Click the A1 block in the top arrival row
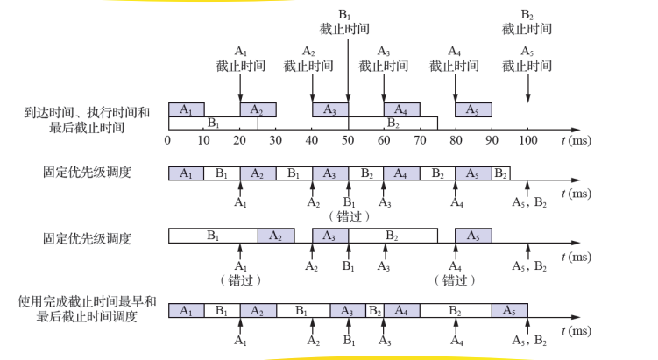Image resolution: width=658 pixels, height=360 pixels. pyautogui.click(x=186, y=109)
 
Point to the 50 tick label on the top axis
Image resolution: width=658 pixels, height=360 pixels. pyautogui.click(x=348, y=140)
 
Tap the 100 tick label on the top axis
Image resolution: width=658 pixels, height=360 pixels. pyautogui.click(x=527, y=140)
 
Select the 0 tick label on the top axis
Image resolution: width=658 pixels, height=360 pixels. pyautogui.click(x=168, y=140)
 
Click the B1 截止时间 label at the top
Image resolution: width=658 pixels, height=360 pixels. pyautogui.click(x=344, y=22)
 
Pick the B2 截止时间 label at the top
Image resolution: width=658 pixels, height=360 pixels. pyautogui.click(x=527, y=22)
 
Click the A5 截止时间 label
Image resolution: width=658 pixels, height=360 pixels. pyautogui.click(x=527, y=59)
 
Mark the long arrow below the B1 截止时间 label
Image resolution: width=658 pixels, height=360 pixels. pyautogui.click(x=348, y=70)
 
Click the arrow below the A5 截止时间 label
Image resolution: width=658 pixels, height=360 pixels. pyautogui.click(x=527, y=88)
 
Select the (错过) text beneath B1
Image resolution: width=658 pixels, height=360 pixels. pyautogui.click(x=347, y=215)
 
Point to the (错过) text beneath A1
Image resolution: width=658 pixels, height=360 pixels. pyautogui.click(x=239, y=280)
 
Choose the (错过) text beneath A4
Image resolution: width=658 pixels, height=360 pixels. pyautogui.click(x=455, y=280)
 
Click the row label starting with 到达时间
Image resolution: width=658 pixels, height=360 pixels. pyautogui.click(x=87, y=120)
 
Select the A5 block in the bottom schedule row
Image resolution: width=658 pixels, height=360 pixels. pyautogui.click(x=509, y=311)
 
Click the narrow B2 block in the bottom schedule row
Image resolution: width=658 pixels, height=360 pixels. pyautogui.click(x=374, y=311)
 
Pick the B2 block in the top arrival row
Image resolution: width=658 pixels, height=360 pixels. pyautogui.click(x=393, y=123)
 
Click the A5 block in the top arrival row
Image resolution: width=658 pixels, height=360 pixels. pyautogui.click(x=473, y=109)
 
